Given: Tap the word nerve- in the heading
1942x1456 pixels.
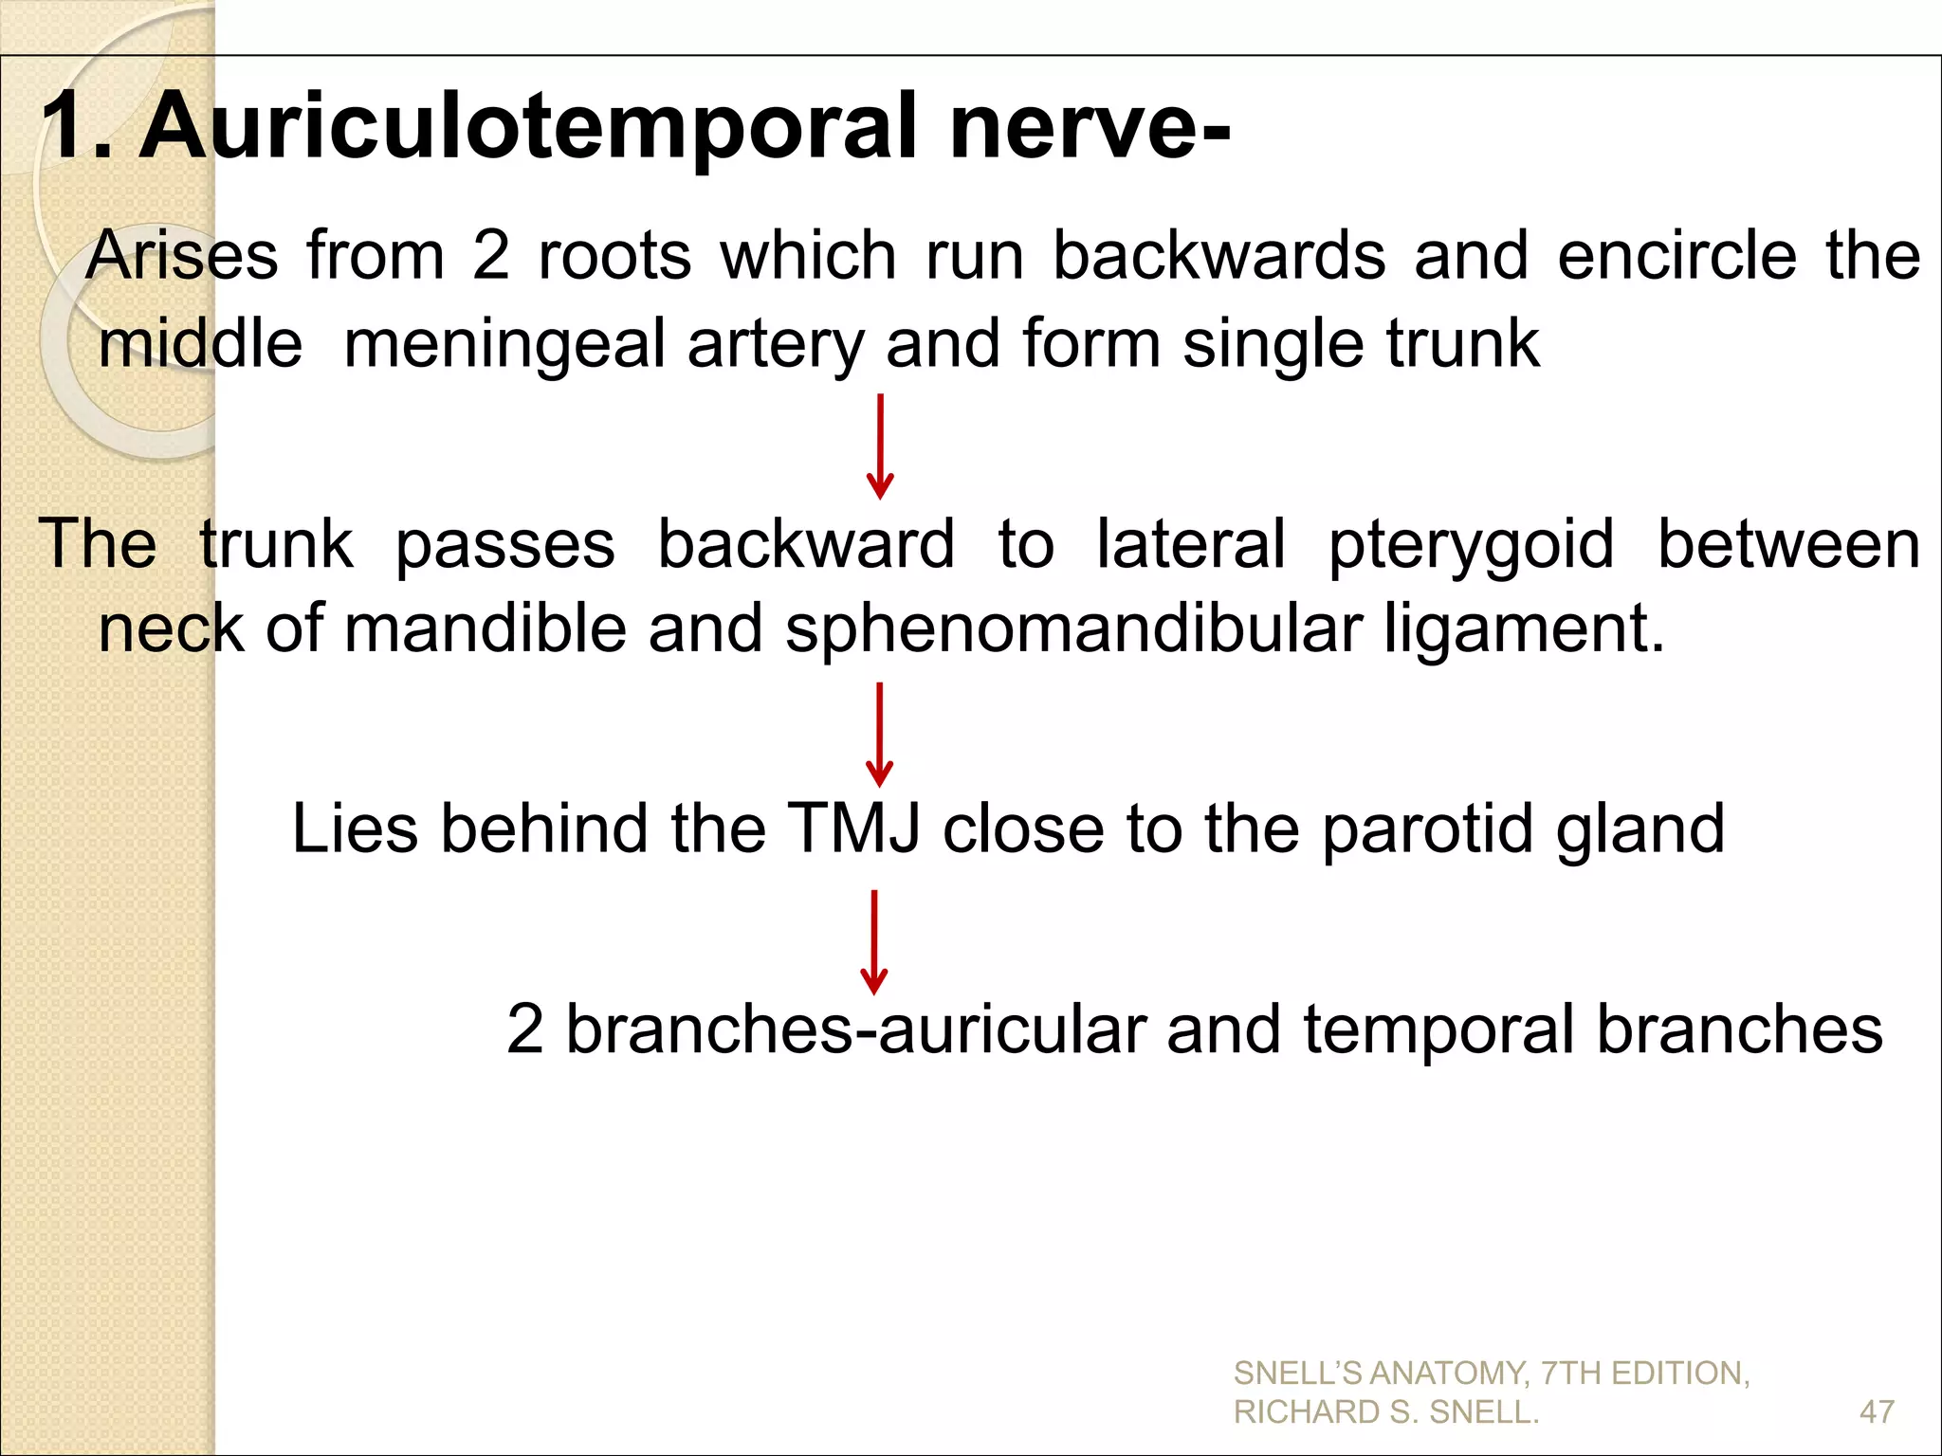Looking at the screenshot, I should tap(1090, 126).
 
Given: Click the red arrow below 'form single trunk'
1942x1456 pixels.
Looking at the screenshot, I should tap(880, 446).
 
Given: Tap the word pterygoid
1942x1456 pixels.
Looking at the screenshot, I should tap(1471, 546).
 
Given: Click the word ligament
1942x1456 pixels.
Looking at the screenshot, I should tap(1523, 629).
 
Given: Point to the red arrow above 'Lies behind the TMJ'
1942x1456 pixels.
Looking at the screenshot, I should tap(880, 735).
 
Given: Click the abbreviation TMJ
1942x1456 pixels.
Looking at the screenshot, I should tap(853, 828).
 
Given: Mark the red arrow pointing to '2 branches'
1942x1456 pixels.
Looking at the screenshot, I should tap(873, 941).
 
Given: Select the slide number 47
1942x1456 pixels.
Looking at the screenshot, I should tap(1877, 1412).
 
